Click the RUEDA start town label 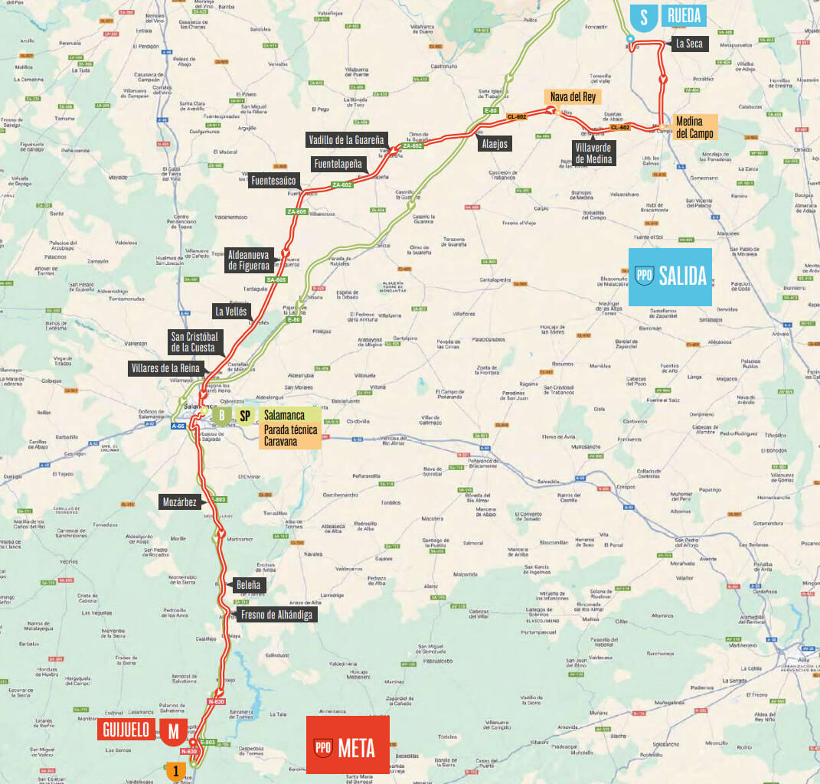(684, 16)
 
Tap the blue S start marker (644, 17)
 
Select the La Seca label (689, 44)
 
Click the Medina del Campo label (695, 127)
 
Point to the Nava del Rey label (573, 96)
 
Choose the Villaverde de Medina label (594, 153)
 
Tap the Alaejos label (493, 143)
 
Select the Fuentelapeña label (338, 164)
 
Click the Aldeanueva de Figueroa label (249, 260)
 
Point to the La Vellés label (231, 311)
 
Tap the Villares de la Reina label (165, 369)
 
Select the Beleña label (248, 585)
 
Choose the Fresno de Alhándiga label (276, 615)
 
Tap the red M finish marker (172, 731)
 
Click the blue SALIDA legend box (670, 276)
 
